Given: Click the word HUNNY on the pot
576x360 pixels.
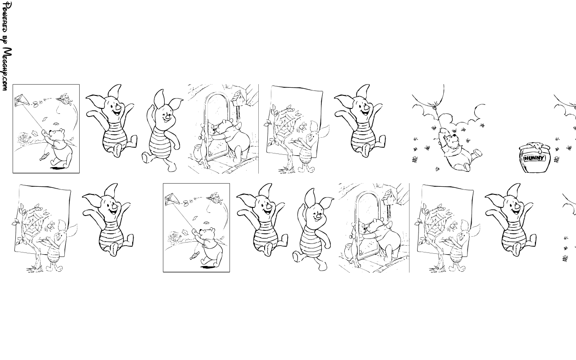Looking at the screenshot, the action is click(534, 158).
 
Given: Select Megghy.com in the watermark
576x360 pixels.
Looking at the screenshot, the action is click(7, 69).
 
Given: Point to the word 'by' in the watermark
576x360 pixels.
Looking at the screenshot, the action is click(4, 40).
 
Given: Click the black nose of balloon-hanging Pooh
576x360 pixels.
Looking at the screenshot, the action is click(454, 135).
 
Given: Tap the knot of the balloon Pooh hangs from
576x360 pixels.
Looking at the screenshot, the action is click(435, 103).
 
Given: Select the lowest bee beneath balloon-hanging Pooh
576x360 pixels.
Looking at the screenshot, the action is click(437, 169).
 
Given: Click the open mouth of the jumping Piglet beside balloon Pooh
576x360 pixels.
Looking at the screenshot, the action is click(364, 112).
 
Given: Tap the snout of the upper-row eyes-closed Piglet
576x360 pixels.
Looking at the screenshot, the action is click(168, 117).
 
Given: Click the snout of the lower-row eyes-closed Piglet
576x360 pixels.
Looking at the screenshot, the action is click(318, 216).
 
